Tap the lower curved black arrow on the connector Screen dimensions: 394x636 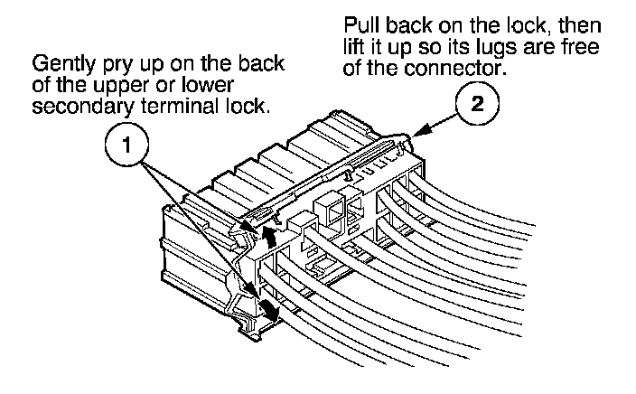click(x=268, y=313)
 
